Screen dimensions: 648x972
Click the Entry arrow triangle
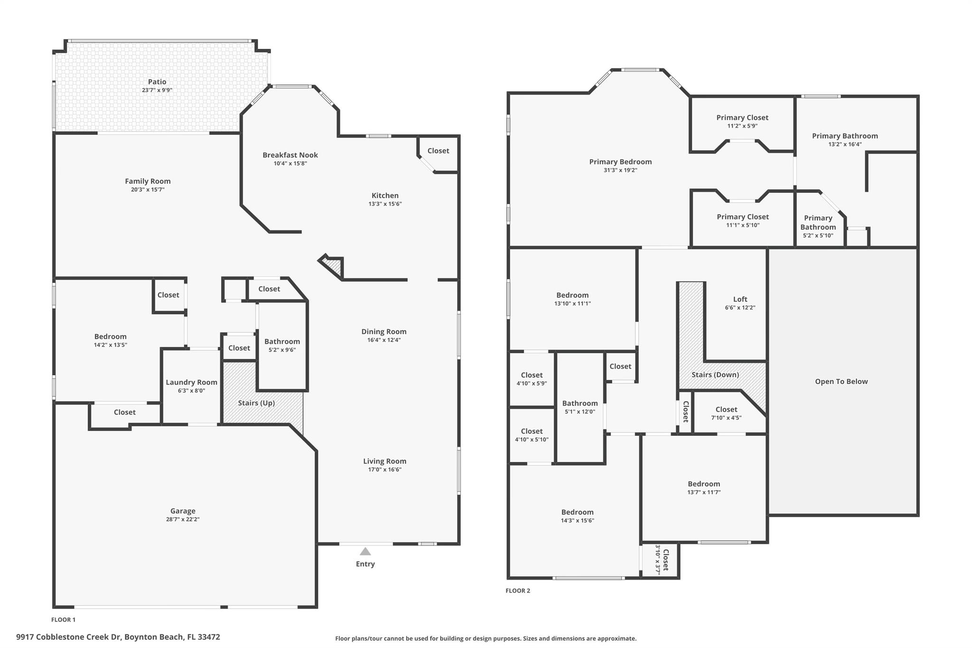(365, 552)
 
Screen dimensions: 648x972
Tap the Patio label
(157, 82)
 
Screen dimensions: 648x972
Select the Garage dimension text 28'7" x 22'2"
(183, 519)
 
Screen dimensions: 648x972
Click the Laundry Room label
(191, 382)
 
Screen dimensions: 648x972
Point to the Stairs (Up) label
(256, 403)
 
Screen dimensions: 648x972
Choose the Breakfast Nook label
(290, 155)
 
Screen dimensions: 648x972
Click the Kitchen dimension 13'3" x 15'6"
(385, 204)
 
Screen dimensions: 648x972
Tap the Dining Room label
(383, 331)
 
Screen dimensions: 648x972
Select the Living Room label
(384, 461)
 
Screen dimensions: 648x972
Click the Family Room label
(148, 181)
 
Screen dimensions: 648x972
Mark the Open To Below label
(841, 381)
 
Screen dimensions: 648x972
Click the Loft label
(740, 299)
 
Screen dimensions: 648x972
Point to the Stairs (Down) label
(715, 375)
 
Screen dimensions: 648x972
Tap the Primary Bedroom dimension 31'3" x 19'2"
(620, 170)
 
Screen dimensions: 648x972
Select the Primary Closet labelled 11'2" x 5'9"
(742, 118)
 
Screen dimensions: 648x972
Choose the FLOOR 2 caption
(517, 591)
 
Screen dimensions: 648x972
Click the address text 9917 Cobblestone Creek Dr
(69, 637)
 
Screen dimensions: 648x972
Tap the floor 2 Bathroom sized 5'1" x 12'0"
(579, 404)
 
